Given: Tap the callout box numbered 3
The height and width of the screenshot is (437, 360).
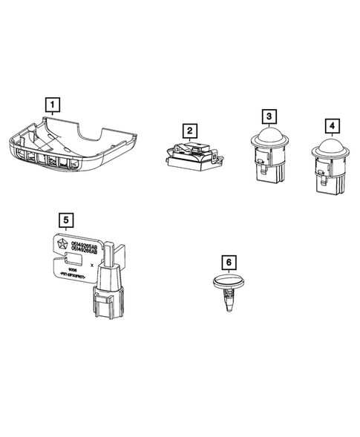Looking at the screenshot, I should tap(269, 116).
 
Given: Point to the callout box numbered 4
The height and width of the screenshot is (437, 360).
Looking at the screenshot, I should tap(329, 123).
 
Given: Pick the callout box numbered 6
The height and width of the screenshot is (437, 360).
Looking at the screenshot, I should tap(229, 262).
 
